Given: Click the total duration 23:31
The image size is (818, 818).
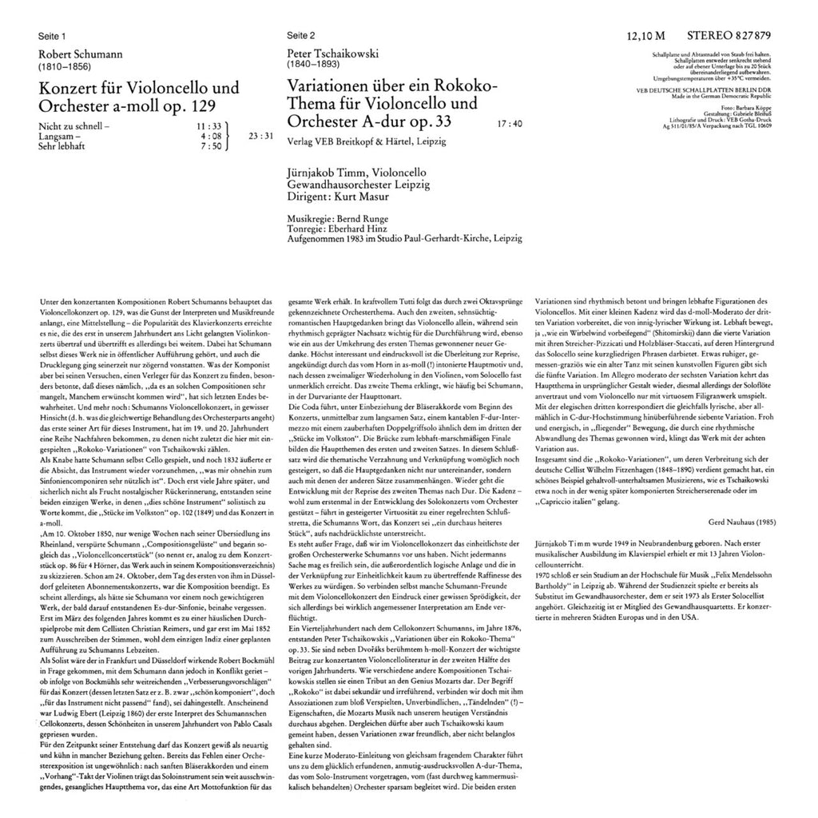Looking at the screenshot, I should coord(262,136).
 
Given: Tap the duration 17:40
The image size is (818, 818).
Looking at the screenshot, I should coord(509,124).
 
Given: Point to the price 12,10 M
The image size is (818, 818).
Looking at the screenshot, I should coord(646,37).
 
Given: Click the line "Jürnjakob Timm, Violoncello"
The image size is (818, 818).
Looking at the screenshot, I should coord(356,173).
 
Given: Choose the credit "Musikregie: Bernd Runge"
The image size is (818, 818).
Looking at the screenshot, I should coord(336,219).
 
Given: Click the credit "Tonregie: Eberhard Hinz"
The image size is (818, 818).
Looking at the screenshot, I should coord(336,228).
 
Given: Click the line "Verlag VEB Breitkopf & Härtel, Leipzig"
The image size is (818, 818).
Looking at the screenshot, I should coord(367,141).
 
